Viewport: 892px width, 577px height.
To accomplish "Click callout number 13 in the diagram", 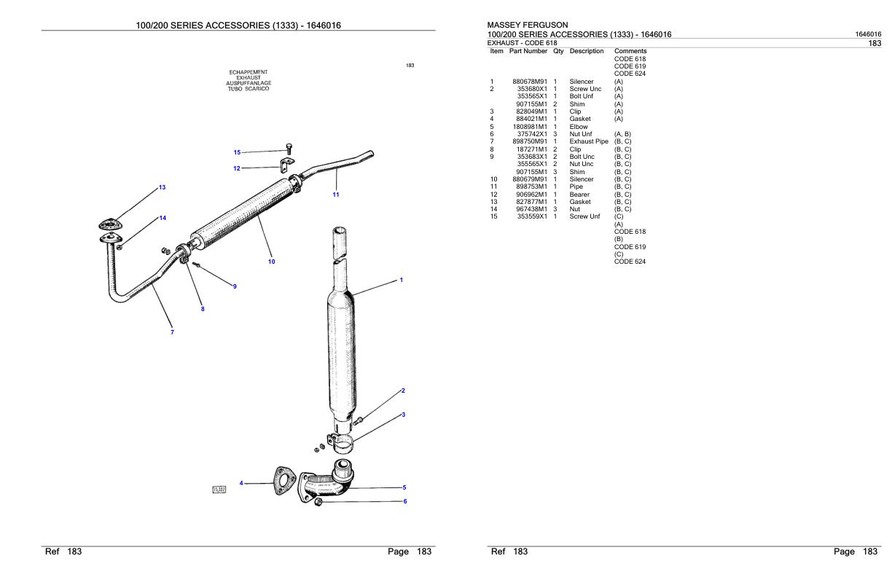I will pos(162,187).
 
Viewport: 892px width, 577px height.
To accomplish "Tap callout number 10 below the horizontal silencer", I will pos(271,261).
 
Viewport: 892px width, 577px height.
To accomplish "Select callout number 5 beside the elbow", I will pos(404,487).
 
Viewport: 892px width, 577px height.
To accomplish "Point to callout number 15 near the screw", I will pos(237,152).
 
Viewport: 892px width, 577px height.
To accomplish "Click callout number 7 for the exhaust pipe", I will pos(172,332).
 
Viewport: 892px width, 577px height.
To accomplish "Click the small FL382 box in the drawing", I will pos(219,490).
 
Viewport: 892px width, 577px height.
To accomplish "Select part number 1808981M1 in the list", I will pos(530,127).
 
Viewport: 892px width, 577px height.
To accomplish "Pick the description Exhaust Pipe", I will pos(588,141).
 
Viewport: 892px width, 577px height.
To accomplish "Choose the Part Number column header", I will pos(528,51).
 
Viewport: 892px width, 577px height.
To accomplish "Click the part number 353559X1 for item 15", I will pos(532,217).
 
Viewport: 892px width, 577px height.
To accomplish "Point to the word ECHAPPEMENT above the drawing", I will pos(249,72).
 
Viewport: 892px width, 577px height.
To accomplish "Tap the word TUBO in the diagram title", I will pos(236,89).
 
